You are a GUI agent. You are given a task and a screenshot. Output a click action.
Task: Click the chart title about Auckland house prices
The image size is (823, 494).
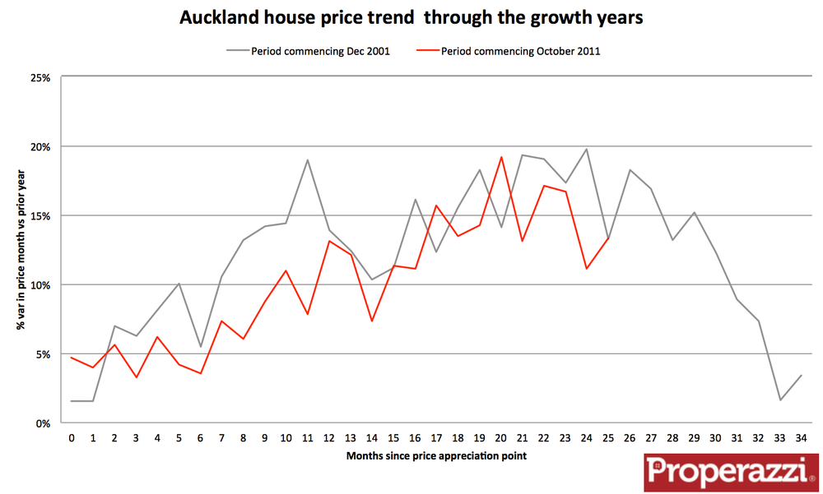click(411, 17)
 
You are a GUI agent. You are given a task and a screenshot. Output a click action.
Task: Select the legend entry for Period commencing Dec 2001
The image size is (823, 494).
click(319, 51)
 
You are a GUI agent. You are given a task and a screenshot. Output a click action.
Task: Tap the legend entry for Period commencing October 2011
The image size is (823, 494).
click(520, 51)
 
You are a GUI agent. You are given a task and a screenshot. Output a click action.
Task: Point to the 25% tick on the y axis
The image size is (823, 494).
click(40, 77)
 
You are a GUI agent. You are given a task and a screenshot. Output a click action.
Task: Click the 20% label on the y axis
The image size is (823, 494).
click(40, 146)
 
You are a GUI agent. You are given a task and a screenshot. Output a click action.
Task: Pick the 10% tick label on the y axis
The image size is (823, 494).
click(40, 284)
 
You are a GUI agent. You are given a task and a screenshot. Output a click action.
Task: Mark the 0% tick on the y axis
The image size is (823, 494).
click(43, 423)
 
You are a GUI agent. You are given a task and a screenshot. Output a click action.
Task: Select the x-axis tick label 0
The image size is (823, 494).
click(72, 439)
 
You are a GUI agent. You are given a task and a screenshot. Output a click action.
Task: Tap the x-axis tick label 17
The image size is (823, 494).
click(437, 439)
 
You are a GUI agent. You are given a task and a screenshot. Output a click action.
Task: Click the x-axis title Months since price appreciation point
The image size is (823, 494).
click(437, 455)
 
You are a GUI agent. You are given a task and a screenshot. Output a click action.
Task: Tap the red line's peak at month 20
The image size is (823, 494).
click(501, 157)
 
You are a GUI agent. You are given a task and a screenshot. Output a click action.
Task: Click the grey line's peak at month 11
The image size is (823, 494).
click(308, 159)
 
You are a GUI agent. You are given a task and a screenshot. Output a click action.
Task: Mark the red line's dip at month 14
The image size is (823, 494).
click(372, 321)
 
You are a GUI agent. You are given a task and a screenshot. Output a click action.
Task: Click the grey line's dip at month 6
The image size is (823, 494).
click(200, 347)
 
